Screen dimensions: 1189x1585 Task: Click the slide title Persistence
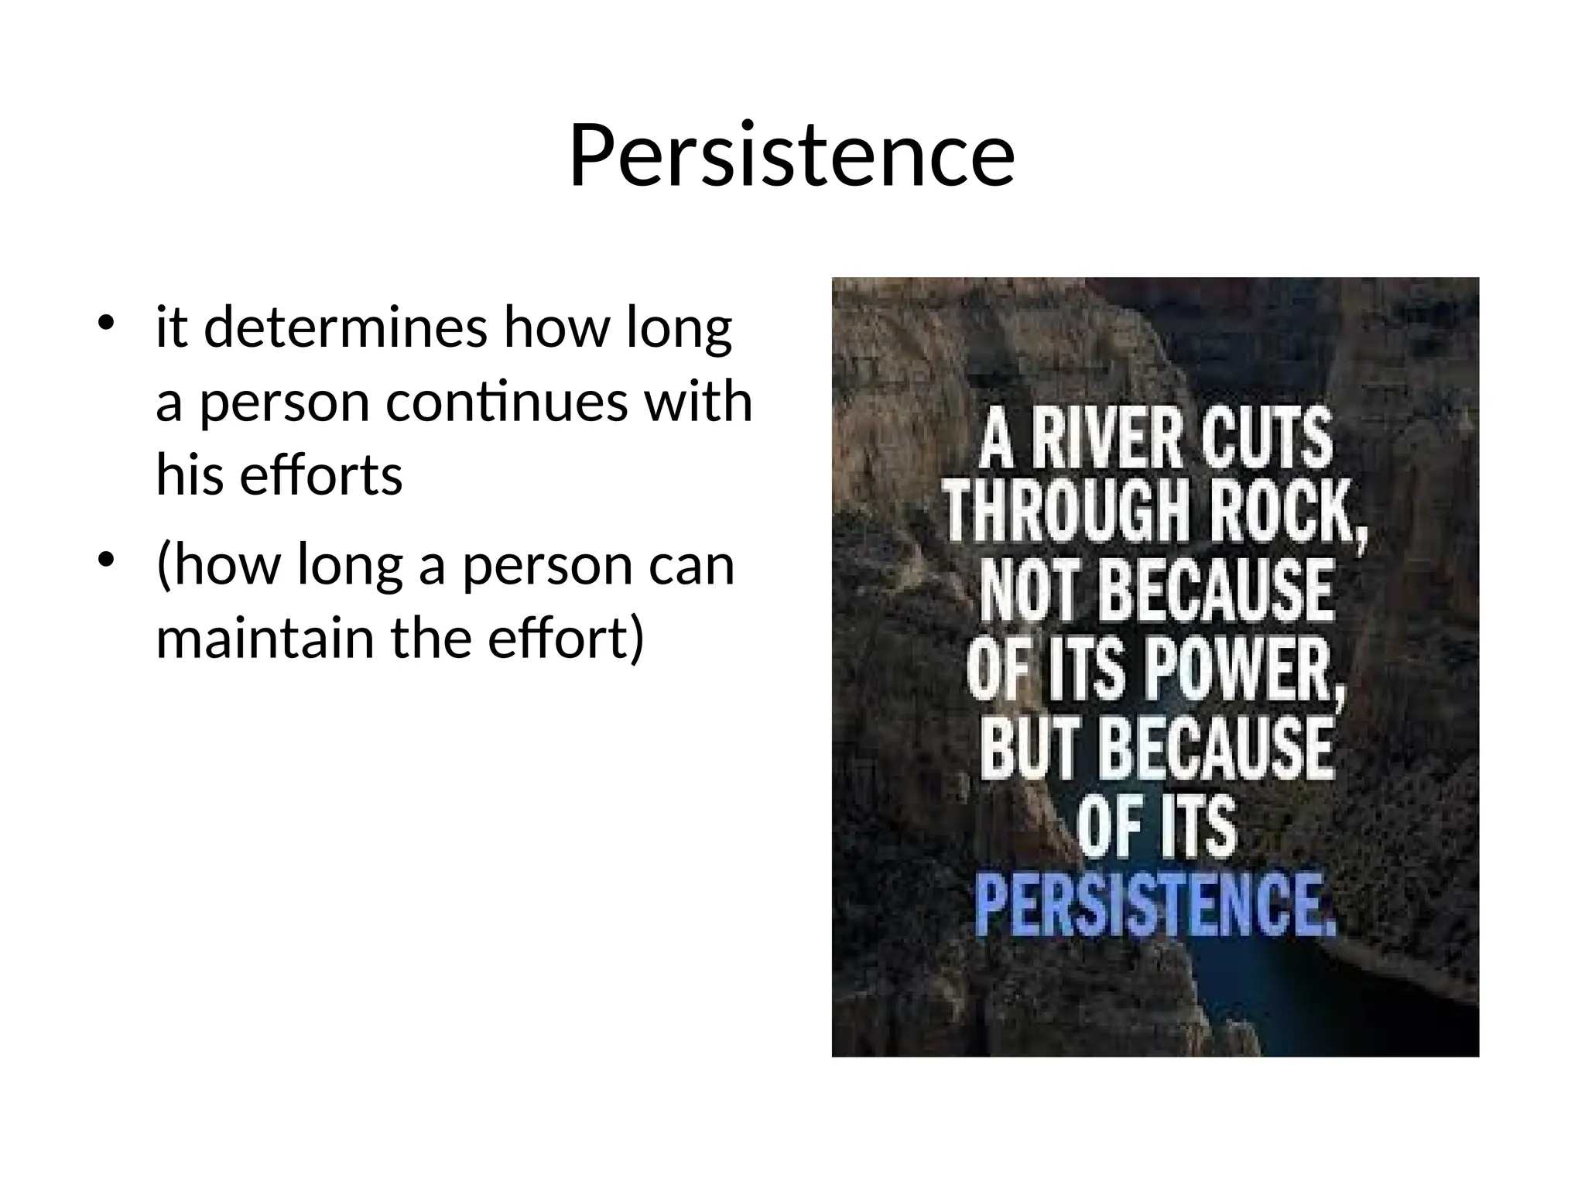tap(791, 156)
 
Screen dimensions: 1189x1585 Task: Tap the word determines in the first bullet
tap(345, 327)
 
